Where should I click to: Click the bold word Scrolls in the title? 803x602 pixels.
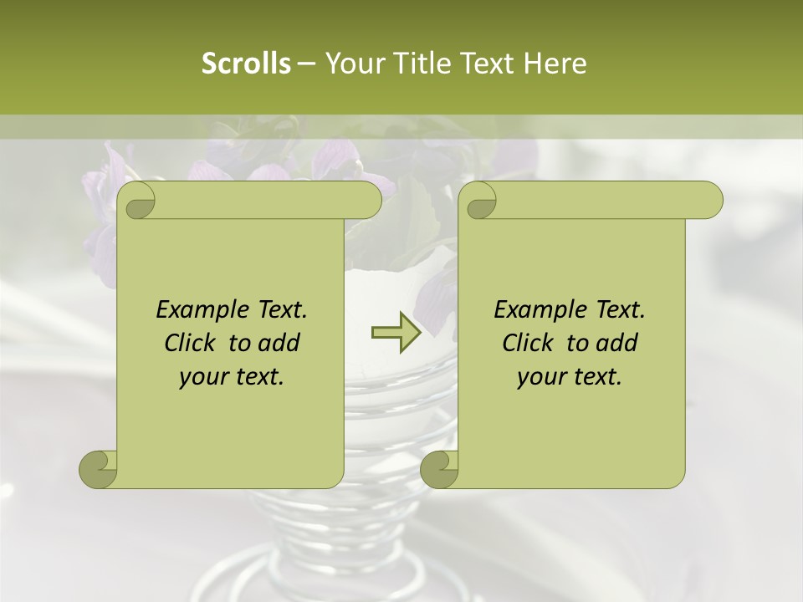(246, 64)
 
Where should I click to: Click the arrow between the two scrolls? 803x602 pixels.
(396, 333)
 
